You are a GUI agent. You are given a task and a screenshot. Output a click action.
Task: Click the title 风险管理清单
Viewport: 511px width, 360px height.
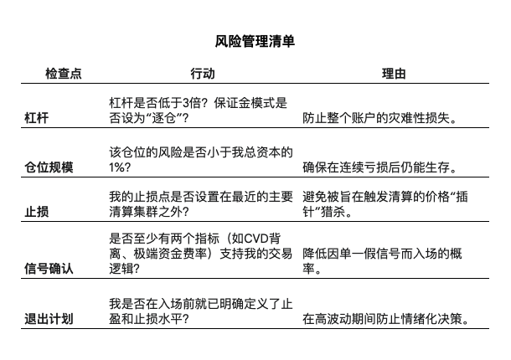point(255,41)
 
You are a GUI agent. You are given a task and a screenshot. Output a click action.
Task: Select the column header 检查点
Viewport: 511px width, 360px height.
point(63,74)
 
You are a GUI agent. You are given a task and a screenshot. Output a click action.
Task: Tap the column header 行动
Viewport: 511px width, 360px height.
point(203,74)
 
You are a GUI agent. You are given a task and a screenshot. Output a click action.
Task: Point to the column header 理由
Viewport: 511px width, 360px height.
point(394,74)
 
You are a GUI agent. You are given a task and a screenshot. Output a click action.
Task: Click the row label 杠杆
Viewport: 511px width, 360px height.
point(37,118)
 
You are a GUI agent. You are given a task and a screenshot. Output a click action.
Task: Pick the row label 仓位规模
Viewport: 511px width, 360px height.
point(49,167)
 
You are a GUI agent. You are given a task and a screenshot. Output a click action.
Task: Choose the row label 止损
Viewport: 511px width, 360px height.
point(37,212)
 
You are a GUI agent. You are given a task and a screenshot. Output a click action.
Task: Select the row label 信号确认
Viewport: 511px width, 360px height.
point(49,269)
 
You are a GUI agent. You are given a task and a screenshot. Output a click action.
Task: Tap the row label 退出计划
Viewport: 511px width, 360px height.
point(49,319)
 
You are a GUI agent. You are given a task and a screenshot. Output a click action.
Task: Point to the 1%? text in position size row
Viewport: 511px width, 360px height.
point(120,167)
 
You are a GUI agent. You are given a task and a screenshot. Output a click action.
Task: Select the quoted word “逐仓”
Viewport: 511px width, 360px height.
point(163,118)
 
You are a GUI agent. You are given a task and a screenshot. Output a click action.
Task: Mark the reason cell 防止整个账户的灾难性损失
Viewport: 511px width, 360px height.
point(379,118)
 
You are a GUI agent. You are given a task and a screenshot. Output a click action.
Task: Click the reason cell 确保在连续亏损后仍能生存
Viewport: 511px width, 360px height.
point(379,167)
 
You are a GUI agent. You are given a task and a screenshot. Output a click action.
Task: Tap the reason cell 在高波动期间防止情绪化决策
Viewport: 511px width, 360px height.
point(385,319)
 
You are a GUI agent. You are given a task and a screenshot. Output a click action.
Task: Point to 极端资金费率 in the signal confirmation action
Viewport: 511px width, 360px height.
point(170,254)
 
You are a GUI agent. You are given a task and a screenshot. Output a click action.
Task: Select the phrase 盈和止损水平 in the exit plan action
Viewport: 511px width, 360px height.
point(146,319)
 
